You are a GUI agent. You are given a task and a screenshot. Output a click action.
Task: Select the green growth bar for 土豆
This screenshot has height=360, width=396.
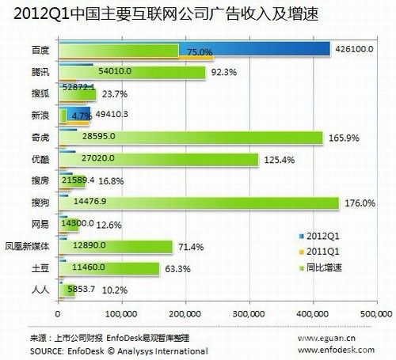pyautogui.click(x=103, y=269)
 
